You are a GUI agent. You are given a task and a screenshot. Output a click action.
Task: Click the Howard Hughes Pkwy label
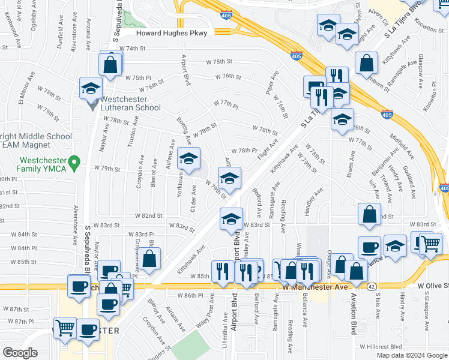point(171,34)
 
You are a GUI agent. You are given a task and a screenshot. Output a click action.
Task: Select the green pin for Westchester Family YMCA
point(74,162)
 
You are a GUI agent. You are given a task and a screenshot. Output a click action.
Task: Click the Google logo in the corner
point(20,353)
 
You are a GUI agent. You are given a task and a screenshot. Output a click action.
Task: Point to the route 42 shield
point(372,287)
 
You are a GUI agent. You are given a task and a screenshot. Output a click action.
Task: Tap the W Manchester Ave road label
point(315,287)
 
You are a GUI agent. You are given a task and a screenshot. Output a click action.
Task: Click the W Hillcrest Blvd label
point(381,347)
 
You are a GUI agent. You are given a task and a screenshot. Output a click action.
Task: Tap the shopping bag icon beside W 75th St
point(110,64)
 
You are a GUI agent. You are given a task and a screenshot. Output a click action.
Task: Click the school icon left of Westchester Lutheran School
point(91,89)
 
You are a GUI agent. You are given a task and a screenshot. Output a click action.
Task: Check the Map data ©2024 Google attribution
point(412,355)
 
